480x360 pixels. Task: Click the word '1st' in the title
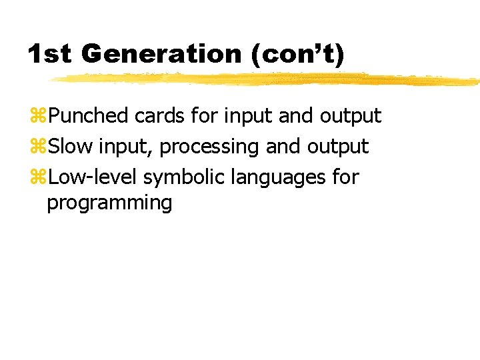[49, 54]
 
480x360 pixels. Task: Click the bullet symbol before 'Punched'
[39, 117]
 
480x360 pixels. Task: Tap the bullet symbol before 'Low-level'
[39, 178]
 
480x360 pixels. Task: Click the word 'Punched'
[89, 116]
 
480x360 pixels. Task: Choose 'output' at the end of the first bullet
[351, 116]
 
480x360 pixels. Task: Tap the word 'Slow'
[71, 147]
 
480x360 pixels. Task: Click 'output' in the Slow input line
[338, 147]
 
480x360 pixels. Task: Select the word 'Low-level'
[93, 177]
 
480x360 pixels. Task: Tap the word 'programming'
[109, 203]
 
